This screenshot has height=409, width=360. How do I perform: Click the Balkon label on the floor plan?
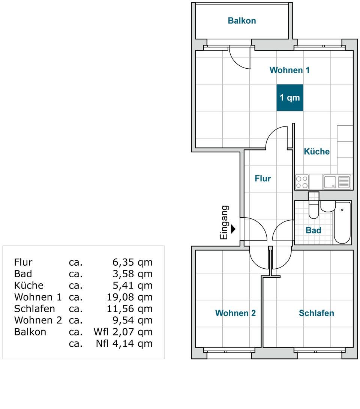(241, 21)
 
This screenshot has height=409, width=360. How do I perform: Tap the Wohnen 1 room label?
(289, 70)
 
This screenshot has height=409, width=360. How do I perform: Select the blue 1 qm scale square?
(290, 98)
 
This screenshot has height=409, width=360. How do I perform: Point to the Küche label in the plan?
(317, 151)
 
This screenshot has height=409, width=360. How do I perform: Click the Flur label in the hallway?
(262, 178)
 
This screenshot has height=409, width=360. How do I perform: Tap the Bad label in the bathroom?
(313, 230)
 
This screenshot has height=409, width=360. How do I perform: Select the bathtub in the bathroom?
(342, 223)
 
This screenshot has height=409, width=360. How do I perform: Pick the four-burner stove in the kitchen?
(302, 182)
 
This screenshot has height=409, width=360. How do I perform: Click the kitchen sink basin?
(330, 182)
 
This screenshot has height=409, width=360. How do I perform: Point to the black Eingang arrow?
(233, 229)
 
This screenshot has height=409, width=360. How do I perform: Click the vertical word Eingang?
(224, 223)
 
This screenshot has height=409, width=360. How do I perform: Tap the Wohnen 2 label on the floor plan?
(235, 313)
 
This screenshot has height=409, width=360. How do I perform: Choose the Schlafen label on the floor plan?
(316, 313)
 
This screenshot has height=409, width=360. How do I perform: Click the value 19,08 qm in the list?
(129, 297)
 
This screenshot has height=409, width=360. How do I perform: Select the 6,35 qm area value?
(132, 262)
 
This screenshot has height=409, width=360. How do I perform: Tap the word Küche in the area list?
(28, 285)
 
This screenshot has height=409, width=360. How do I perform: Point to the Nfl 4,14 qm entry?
(124, 344)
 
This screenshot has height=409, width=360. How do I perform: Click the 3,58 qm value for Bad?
(132, 274)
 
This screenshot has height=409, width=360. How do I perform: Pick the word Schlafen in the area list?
(34, 308)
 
